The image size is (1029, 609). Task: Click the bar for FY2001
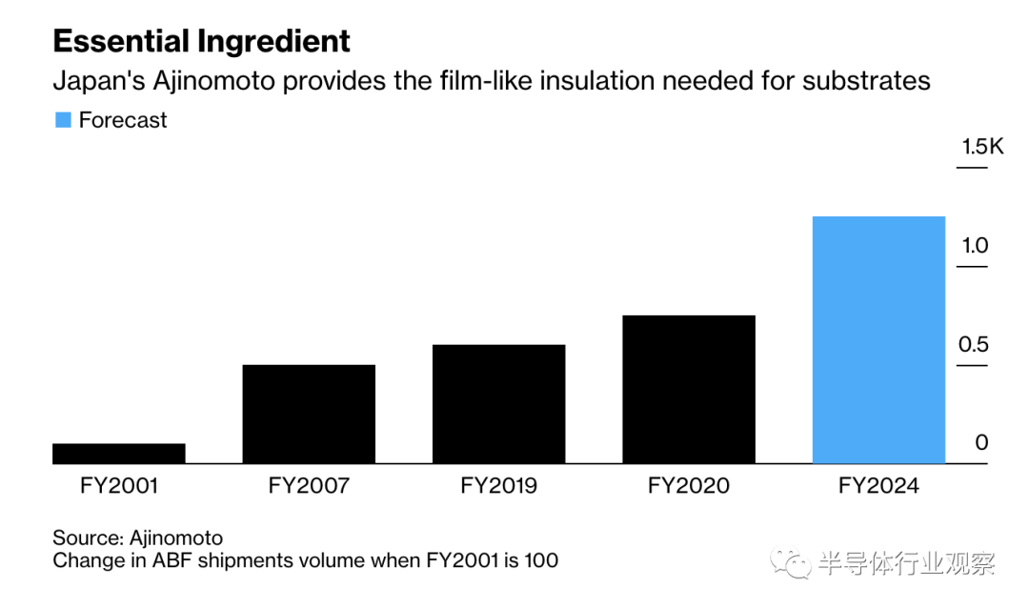(119, 454)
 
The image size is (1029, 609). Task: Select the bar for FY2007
(309, 415)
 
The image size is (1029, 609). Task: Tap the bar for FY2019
(498, 404)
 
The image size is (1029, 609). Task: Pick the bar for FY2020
(689, 390)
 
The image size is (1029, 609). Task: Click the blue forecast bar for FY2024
(878, 340)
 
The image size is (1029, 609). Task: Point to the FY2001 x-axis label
(119, 486)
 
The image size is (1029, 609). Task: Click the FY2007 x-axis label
(309, 486)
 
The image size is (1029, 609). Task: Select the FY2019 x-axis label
(498, 486)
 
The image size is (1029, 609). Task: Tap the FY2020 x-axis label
(689, 486)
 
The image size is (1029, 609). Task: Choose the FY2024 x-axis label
(878, 486)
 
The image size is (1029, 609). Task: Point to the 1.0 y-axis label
(975, 246)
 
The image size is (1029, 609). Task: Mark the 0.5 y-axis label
(974, 345)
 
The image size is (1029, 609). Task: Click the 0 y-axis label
(981, 443)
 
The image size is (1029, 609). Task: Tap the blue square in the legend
(63, 120)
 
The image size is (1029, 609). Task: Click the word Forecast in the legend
(123, 120)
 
